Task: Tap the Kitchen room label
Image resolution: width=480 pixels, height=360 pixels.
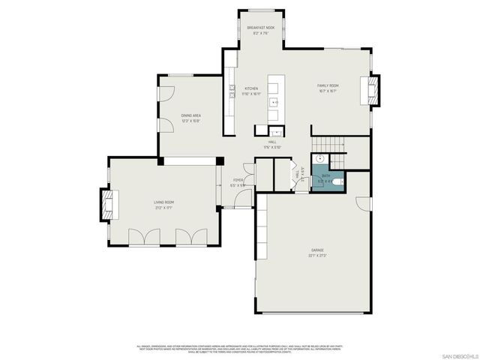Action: point(251,91)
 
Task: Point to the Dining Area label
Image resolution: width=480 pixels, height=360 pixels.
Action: point(190,117)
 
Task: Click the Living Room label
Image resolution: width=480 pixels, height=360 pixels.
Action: point(164,204)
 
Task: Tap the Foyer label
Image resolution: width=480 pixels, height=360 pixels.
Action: point(238,182)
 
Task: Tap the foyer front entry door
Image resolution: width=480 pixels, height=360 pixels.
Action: point(241,199)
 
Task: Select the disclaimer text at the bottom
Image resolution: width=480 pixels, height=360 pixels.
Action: point(240,349)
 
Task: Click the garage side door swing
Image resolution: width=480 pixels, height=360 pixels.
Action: point(364,203)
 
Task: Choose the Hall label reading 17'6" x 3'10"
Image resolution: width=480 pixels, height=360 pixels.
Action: point(272,144)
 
